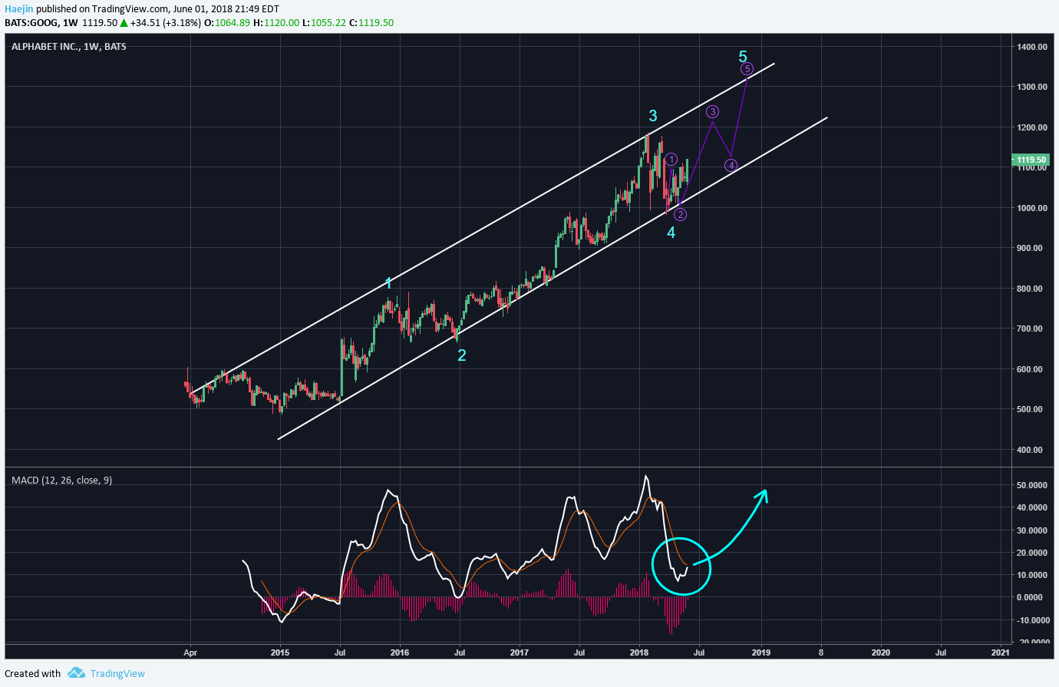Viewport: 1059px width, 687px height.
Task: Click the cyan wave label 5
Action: [742, 56]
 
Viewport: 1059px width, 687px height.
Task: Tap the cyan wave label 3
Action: [652, 116]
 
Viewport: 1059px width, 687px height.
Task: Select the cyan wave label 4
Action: [671, 232]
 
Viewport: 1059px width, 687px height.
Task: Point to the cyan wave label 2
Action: [461, 355]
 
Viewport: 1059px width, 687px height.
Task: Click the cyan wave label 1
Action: [388, 283]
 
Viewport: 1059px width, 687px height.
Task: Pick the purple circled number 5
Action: [747, 69]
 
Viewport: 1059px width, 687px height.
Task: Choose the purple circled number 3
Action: [712, 112]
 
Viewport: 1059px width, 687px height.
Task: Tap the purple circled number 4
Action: [731, 165]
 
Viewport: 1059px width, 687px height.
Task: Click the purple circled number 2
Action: [681, 215]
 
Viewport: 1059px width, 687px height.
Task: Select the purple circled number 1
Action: [671, 160]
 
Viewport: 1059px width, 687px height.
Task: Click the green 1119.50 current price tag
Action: [1031, 160]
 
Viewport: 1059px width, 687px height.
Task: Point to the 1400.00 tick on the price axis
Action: [1031, 47]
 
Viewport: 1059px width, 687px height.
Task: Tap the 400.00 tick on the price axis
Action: [1031, 450]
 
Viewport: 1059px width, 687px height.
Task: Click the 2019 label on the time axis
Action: [760, 653]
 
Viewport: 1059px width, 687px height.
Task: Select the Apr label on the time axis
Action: [190, 653]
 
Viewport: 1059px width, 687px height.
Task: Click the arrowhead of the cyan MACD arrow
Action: [763, 494]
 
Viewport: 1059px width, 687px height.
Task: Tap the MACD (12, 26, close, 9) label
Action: [61, 481]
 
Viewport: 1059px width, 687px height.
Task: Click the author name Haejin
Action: [18, 9]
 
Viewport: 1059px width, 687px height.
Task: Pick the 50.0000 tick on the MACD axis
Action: [1032, 485]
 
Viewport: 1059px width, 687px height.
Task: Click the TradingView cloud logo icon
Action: [76, 673]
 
